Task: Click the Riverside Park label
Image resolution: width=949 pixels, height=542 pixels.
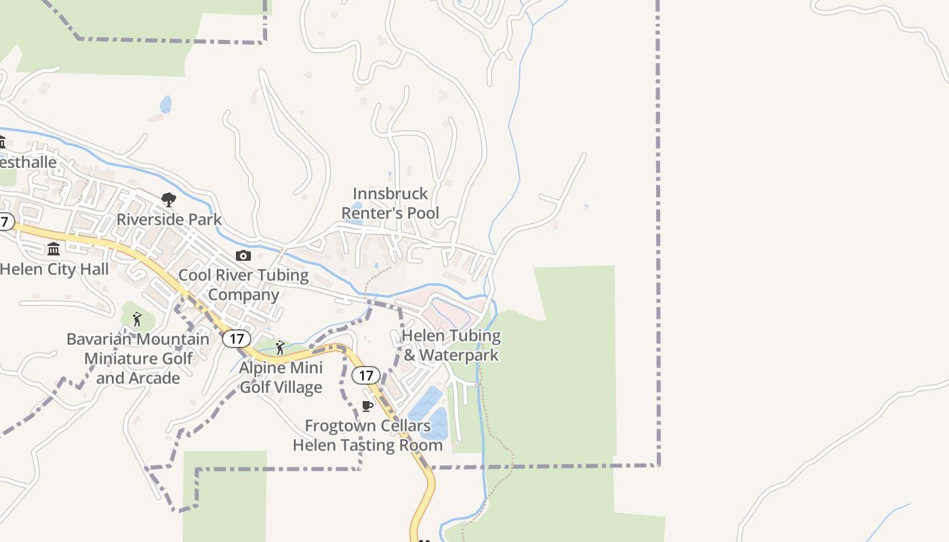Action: tap(169, 220)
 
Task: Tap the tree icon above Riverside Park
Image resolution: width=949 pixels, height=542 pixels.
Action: tap(169, 200)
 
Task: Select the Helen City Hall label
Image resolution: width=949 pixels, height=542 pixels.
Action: tap(54, 269)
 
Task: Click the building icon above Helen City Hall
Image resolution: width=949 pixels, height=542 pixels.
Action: tap(54, 249)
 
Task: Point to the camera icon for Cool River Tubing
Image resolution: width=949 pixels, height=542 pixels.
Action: tap(243, 255)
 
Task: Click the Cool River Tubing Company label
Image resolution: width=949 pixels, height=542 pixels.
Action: tap(243, 285)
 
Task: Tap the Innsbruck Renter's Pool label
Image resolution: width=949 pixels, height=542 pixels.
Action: tap(390, 203)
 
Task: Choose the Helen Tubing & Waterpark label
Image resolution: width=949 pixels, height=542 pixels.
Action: tap(451, 345)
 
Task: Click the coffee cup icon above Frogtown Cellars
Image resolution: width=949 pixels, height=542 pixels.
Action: tap(367, 406)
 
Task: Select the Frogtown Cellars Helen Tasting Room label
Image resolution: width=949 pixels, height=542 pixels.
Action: tap(367, 435)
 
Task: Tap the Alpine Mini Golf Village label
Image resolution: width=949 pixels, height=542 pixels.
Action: tap(281, 377)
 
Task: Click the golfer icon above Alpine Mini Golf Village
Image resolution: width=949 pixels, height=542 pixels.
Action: tap(280, 348)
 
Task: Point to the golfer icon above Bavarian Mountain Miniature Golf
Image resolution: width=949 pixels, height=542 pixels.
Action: tap(138, 319)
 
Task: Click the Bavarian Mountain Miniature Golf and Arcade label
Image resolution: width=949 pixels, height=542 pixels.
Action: tap(138, 358)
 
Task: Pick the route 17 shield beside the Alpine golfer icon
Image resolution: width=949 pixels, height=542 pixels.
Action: tap(236, 338)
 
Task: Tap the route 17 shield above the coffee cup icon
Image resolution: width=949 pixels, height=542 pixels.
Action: tap(366, 375)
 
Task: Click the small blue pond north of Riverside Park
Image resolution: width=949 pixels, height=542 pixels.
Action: tap(165, 104)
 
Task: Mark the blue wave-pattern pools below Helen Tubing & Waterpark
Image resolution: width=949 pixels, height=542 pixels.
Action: tap(430, 413)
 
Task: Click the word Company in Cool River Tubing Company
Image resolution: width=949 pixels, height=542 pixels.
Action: tap(243, 295)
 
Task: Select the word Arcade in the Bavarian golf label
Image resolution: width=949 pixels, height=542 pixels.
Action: tap(157, 378)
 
